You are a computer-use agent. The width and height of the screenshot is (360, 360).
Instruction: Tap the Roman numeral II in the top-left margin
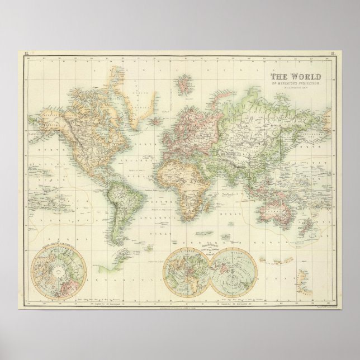pyautogui.click(x=25, y=53)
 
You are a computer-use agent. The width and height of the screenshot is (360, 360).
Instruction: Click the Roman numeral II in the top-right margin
pyautogui.click(x=333, y=53)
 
